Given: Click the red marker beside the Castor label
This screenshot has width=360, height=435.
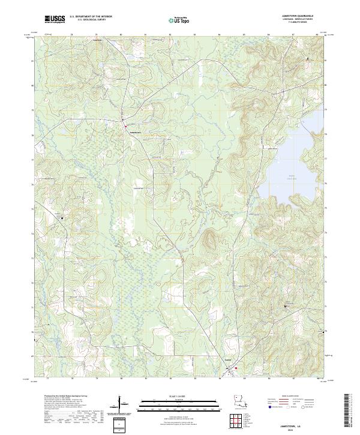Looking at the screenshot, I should [x=236, y=368].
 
